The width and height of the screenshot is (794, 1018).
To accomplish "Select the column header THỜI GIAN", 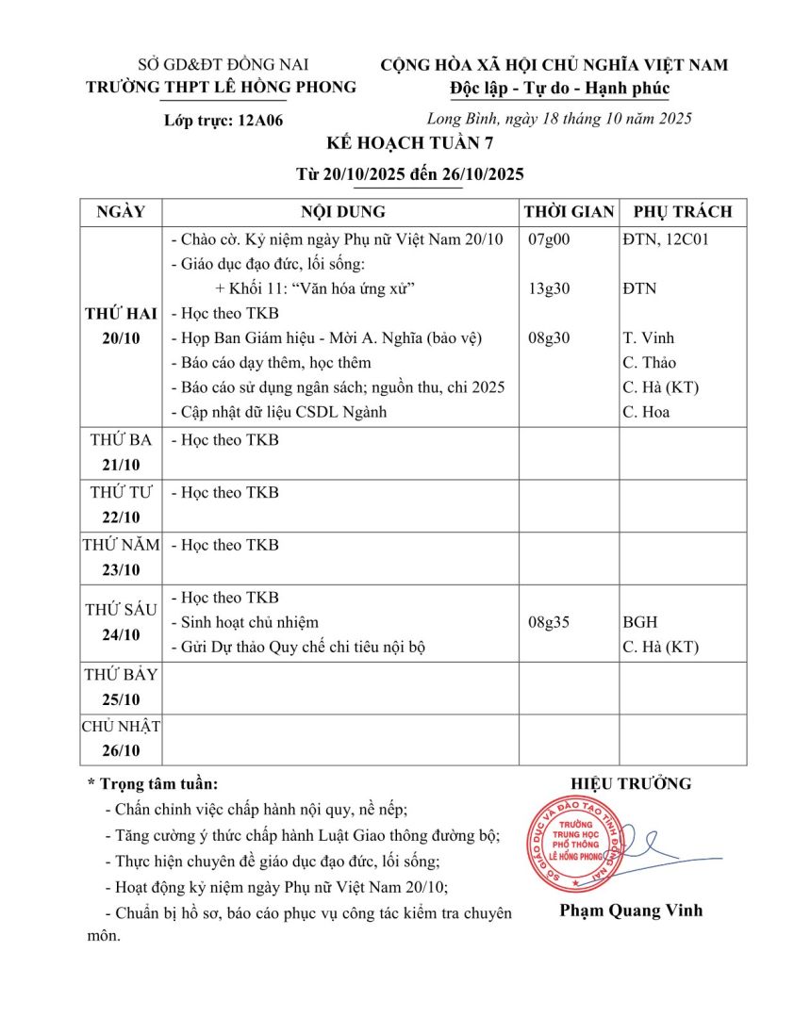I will (569, 212).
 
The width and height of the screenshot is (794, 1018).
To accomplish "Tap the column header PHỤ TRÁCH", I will (682, 212).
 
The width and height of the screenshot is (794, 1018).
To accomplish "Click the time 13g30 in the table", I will (549, 288).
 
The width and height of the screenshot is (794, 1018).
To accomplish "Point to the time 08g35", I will (549, 622).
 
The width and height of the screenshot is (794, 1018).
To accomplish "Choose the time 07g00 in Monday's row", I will (549, 239).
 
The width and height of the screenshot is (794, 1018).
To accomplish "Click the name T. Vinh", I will (649, 337).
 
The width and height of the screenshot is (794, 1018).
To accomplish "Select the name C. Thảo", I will (650, 362).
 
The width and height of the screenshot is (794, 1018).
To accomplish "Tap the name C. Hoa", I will (646, 411).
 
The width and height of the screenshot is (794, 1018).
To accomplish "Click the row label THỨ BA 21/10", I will (121, 452).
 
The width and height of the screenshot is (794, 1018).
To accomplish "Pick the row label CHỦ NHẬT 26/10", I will (121, 738).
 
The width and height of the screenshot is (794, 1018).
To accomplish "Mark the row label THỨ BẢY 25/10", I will (121, 686).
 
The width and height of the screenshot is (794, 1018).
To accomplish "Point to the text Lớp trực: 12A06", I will (223, 121).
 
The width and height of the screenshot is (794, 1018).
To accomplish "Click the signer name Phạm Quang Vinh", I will (631, 911).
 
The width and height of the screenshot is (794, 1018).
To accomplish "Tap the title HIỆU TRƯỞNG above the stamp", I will (631, 783).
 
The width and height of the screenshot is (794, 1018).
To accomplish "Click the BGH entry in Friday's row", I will (640, 622).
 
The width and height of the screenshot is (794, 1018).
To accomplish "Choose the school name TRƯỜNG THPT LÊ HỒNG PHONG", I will (222, 88).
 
